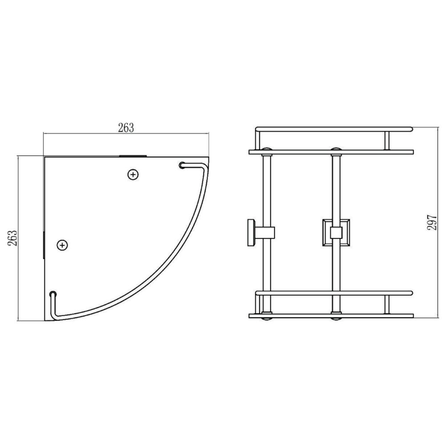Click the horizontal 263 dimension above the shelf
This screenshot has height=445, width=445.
tap(126, 128)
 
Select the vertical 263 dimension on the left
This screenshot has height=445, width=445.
tap(14, 238)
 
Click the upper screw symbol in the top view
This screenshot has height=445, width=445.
tap(132, 174)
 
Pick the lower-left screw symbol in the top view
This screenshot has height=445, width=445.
tap(63, 244)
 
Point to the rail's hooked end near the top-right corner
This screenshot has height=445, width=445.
tap(182, 166)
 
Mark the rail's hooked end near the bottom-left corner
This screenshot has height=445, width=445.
tap(53, 294)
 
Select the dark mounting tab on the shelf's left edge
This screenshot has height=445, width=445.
tap(44, 244)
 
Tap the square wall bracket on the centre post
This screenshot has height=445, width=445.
tap(336, 232)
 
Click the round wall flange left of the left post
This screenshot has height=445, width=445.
tap(251, 232)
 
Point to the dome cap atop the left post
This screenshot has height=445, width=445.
tap(267, 148)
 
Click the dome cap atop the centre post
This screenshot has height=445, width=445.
tap(336, 148)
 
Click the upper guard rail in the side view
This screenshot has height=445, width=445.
tap(334, 129)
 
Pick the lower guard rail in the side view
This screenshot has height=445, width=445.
tap(334, 293)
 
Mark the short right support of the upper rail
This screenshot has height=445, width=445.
tap(387, 141)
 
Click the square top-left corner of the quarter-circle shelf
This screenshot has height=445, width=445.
tap(45, 158)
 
